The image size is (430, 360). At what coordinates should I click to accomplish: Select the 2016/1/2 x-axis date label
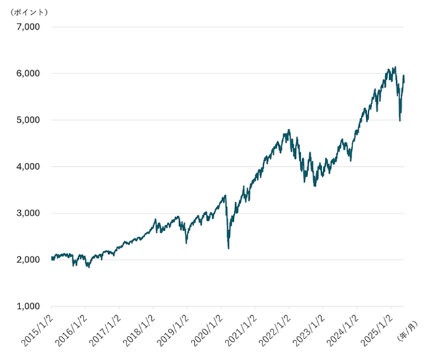pos(72,328)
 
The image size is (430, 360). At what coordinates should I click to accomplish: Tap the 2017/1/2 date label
pos(106,328)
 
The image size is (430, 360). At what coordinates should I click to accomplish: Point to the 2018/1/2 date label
pos(140,328)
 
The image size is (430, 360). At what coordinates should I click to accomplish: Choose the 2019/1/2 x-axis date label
pos(174,328)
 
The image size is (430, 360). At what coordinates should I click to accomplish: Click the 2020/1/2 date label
pos(208,328)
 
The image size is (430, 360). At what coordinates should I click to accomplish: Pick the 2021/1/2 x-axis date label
pos(242,328)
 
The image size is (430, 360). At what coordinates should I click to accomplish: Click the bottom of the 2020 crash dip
pos(228,248)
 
